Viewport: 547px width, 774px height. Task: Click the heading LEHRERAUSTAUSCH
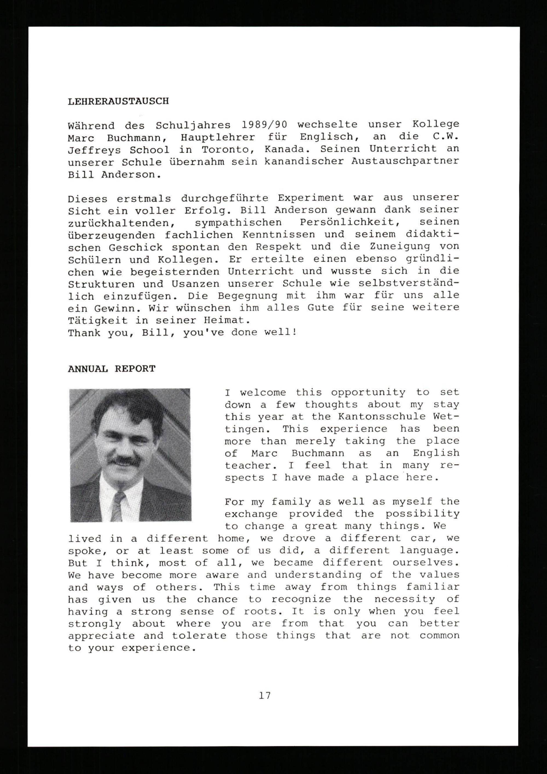(x=118, y=101)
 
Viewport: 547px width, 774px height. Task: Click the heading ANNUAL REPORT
(x=112, y=369)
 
